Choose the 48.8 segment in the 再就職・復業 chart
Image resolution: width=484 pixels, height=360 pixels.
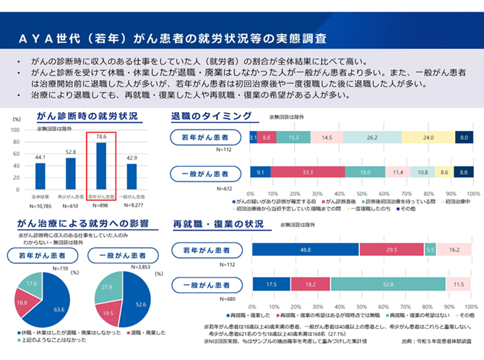(x=305, y=249)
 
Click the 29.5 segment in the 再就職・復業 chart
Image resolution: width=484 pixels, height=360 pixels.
(x=391, y=249)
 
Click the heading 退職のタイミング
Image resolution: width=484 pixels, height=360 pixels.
(x=211, y=116)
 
